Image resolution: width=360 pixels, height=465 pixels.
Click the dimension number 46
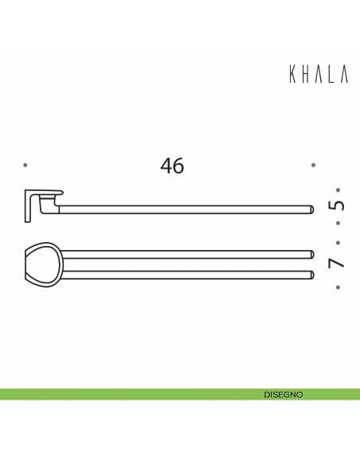[x=172, y=166]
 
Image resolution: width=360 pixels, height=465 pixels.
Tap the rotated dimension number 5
[x=337, y=205]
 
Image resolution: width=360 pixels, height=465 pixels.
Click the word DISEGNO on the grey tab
[x=283, y=394]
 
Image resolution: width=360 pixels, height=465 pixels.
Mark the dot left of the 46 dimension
[x=25, y=166]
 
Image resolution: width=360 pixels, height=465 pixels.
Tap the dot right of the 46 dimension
[x=314, y=166]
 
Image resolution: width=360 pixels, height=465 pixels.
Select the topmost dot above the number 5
[x=338, y=190]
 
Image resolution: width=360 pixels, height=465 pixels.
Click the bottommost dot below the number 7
[x=338, y=287]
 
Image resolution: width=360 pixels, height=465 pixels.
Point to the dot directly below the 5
[x=338, y=224]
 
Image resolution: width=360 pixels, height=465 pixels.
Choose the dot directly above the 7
[x=338, y=243]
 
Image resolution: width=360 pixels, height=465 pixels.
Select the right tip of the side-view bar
[x=308, y=209]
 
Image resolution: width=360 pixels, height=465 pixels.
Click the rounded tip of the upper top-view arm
[x=308, y=256]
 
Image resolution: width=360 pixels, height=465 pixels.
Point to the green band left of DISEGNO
[x=119, y=394]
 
